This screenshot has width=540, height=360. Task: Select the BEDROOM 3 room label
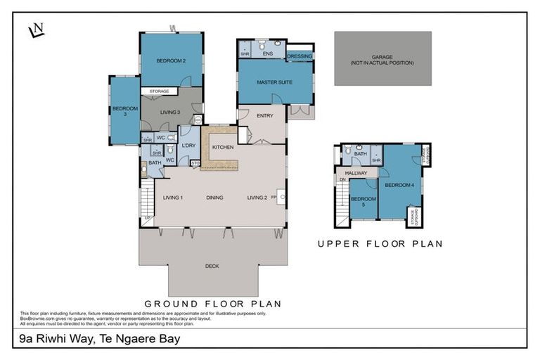tap(120, 111)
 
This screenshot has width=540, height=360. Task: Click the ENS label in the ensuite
tap(267, 53)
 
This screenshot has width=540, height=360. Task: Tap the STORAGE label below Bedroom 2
tap(159, 91)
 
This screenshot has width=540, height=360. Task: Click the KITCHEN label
tap(223, 147)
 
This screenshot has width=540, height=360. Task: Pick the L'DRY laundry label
tap(188, 146)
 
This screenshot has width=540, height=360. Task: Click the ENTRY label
tap(265, 116)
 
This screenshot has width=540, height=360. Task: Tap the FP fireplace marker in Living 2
tap(274, 198)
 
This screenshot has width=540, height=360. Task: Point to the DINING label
tap(215, 198)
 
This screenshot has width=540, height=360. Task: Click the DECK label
tap(212, 266)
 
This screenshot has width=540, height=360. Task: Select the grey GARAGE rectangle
tap(382, 59)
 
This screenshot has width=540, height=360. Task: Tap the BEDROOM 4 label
tap(399, 185)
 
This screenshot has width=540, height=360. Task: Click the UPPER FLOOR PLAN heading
tap(380, 244)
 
